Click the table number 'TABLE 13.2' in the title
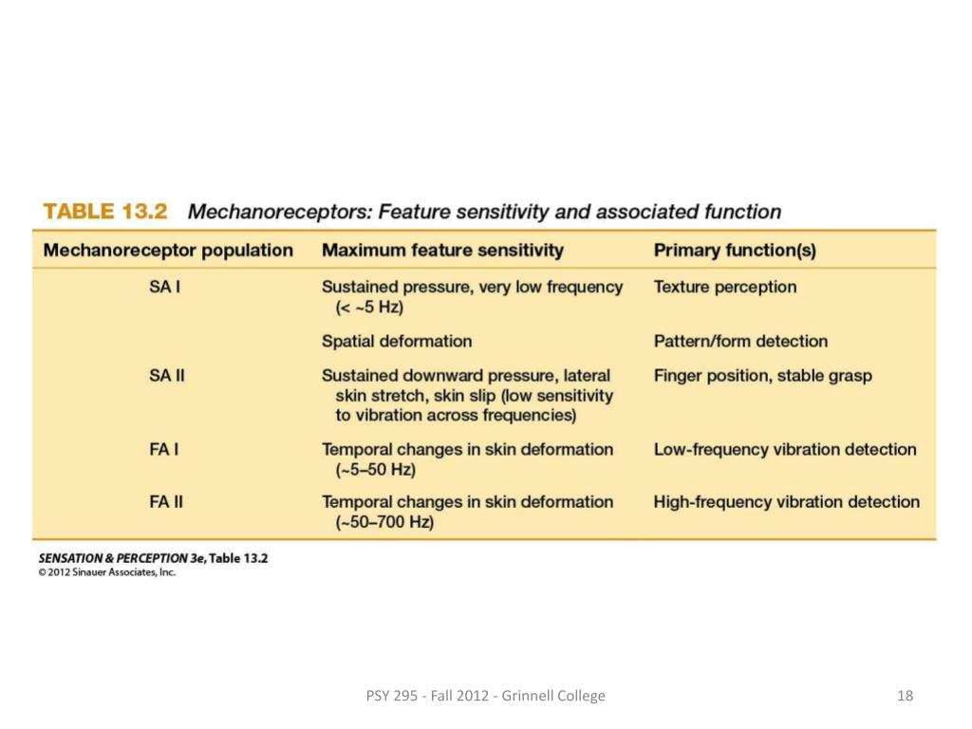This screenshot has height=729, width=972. pos(105,212)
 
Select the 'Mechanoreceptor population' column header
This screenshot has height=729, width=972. pos(169,251)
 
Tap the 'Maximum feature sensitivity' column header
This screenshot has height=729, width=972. pos(442,251)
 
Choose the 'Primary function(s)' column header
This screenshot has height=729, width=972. pos(735,251)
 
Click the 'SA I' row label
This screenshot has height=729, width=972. pos(165,287)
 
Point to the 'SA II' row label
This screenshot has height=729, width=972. pos(166,376)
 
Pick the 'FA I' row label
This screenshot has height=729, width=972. pos(164,449)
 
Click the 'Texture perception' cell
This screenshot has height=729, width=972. pos(725,287)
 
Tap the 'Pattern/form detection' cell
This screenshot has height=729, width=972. pos(740,341)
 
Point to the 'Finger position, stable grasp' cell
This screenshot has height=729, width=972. pos(762,376)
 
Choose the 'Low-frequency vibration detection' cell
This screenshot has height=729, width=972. pos(785,449)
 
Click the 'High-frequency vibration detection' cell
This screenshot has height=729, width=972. pos(786,501)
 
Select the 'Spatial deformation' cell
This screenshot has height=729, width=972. pos(397,341)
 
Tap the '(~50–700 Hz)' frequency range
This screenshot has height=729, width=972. pos(384,522)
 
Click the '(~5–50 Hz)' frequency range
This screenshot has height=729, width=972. pos(376,470)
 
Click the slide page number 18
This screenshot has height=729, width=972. pos(905,696)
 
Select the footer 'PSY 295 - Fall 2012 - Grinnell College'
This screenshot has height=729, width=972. pos(485,696)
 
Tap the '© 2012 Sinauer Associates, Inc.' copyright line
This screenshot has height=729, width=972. pos(107,572)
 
